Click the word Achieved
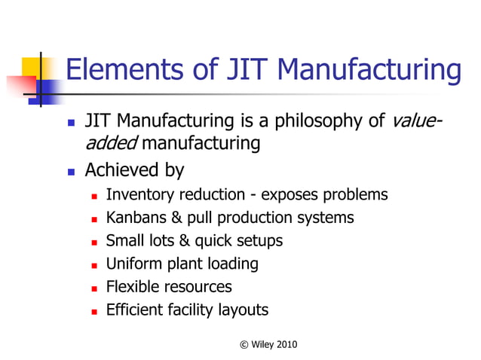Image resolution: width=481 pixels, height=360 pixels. [121, 170]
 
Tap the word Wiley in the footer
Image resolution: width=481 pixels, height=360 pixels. [262, 344]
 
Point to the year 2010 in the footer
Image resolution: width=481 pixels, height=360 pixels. [287, 344]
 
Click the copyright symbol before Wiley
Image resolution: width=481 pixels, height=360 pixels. [243, 344]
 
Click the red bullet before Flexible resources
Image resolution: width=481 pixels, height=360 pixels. [94, 288]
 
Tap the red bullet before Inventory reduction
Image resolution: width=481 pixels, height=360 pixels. [94, 196]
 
